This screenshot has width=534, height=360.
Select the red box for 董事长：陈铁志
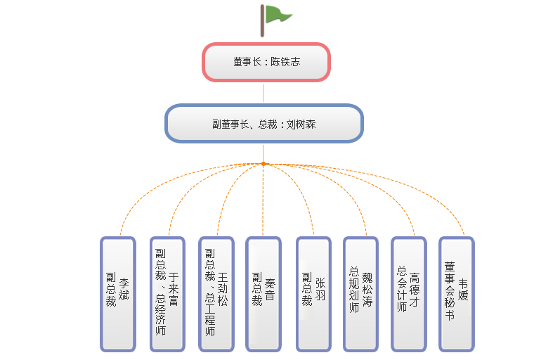click(x=266, y=62)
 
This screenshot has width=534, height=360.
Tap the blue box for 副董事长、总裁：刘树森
click(x=263, y=124)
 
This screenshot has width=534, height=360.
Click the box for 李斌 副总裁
click(x=117, y=293)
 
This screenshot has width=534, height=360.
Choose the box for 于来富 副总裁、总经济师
click(x=167, y=293)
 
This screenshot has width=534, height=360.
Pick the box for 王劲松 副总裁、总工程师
click(x=217, y=293)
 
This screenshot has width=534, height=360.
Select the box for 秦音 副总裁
click(x=263, y=293)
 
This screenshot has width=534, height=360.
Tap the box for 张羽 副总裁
click(x=313, y=293)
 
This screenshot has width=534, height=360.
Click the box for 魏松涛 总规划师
click(x=361, y=293)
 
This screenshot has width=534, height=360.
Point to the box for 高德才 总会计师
click(x=408, y=293)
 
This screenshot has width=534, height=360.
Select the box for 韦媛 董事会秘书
click(x=456, y=293)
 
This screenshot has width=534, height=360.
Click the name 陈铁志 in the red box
click(x=286, y=62)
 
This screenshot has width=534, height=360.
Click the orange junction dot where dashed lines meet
click(x=263, y=164)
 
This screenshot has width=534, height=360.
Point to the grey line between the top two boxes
click(x=263, y=93)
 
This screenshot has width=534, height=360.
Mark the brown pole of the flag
click(x=263, y=20)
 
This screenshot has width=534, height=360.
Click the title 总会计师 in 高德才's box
click(x=402, y=289)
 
